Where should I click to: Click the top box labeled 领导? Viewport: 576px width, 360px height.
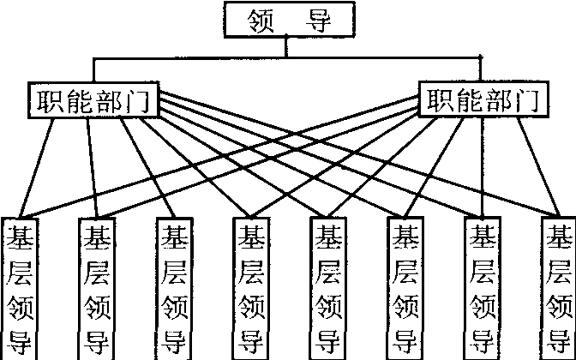[288, 20]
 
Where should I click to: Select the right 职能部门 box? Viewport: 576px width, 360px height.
[485, 100]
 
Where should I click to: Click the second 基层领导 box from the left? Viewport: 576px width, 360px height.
[96, 289]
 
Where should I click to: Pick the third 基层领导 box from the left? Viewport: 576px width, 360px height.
[174, 289]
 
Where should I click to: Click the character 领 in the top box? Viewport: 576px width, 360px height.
[260, 20]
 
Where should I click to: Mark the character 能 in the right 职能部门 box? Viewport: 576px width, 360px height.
[470, 101]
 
